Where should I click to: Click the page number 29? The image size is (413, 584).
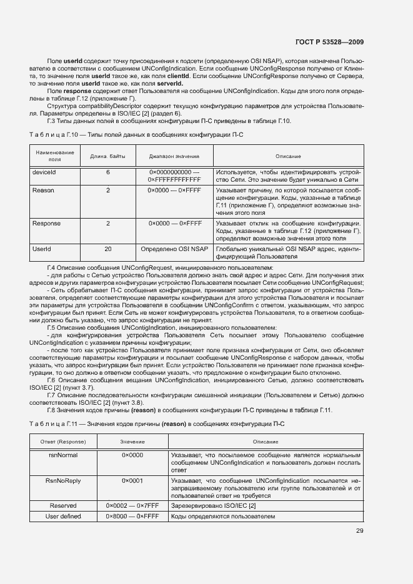pyautogui.click(x=359, y=531)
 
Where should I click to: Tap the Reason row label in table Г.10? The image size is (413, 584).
pyautogui.click(x=43, y=190)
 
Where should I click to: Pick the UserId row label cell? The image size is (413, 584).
pyautogui.click(x=41, y=249)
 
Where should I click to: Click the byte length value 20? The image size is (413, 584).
pyautogui.click(x=107, y=249)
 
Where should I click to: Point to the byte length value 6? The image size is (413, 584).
pyautogui.click(x=107, y=171)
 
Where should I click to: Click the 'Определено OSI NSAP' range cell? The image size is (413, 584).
pyautogui.click(x=174, y=249)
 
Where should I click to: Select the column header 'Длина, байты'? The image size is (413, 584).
pyautogui.click(x=107, y=156)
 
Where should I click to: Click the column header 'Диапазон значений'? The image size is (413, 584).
pyautogui.click(x=174, y=156)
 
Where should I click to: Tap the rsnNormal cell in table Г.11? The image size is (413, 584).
pyautogui.click(x=62, y=455)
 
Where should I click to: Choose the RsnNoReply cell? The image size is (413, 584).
pyautogui.click(x=62, y=480)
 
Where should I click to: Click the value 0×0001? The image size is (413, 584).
pyautogui.click(x=132, y=480)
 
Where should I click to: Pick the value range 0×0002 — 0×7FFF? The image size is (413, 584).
pyautogui.click(x=132, y=505)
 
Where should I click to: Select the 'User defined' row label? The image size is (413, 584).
pyautogui.click(x=62, y=517)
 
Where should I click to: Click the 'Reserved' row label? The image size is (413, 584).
pyautogui.click(x=62, y=505)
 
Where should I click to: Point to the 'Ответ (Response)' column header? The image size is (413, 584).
pyautogui.click(x=62, y=442)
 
